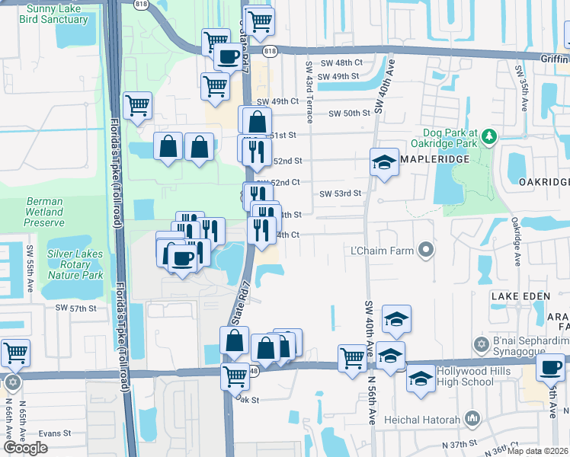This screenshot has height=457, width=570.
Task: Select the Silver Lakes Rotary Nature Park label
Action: (75, 264)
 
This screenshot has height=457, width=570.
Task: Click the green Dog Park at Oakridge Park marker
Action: (488, 136)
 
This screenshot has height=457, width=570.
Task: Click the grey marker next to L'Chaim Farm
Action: (426, 250)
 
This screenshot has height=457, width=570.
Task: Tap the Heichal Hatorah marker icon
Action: (473, 417)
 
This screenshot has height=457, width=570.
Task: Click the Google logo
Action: (27, 448)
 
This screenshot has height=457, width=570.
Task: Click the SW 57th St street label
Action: (75, 308)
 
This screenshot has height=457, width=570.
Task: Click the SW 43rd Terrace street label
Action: (309, 92)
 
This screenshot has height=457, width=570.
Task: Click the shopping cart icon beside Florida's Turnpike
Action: (137, 106)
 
